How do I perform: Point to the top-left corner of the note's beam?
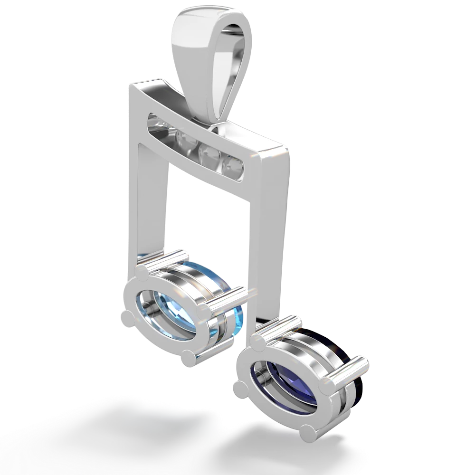(128, 85)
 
